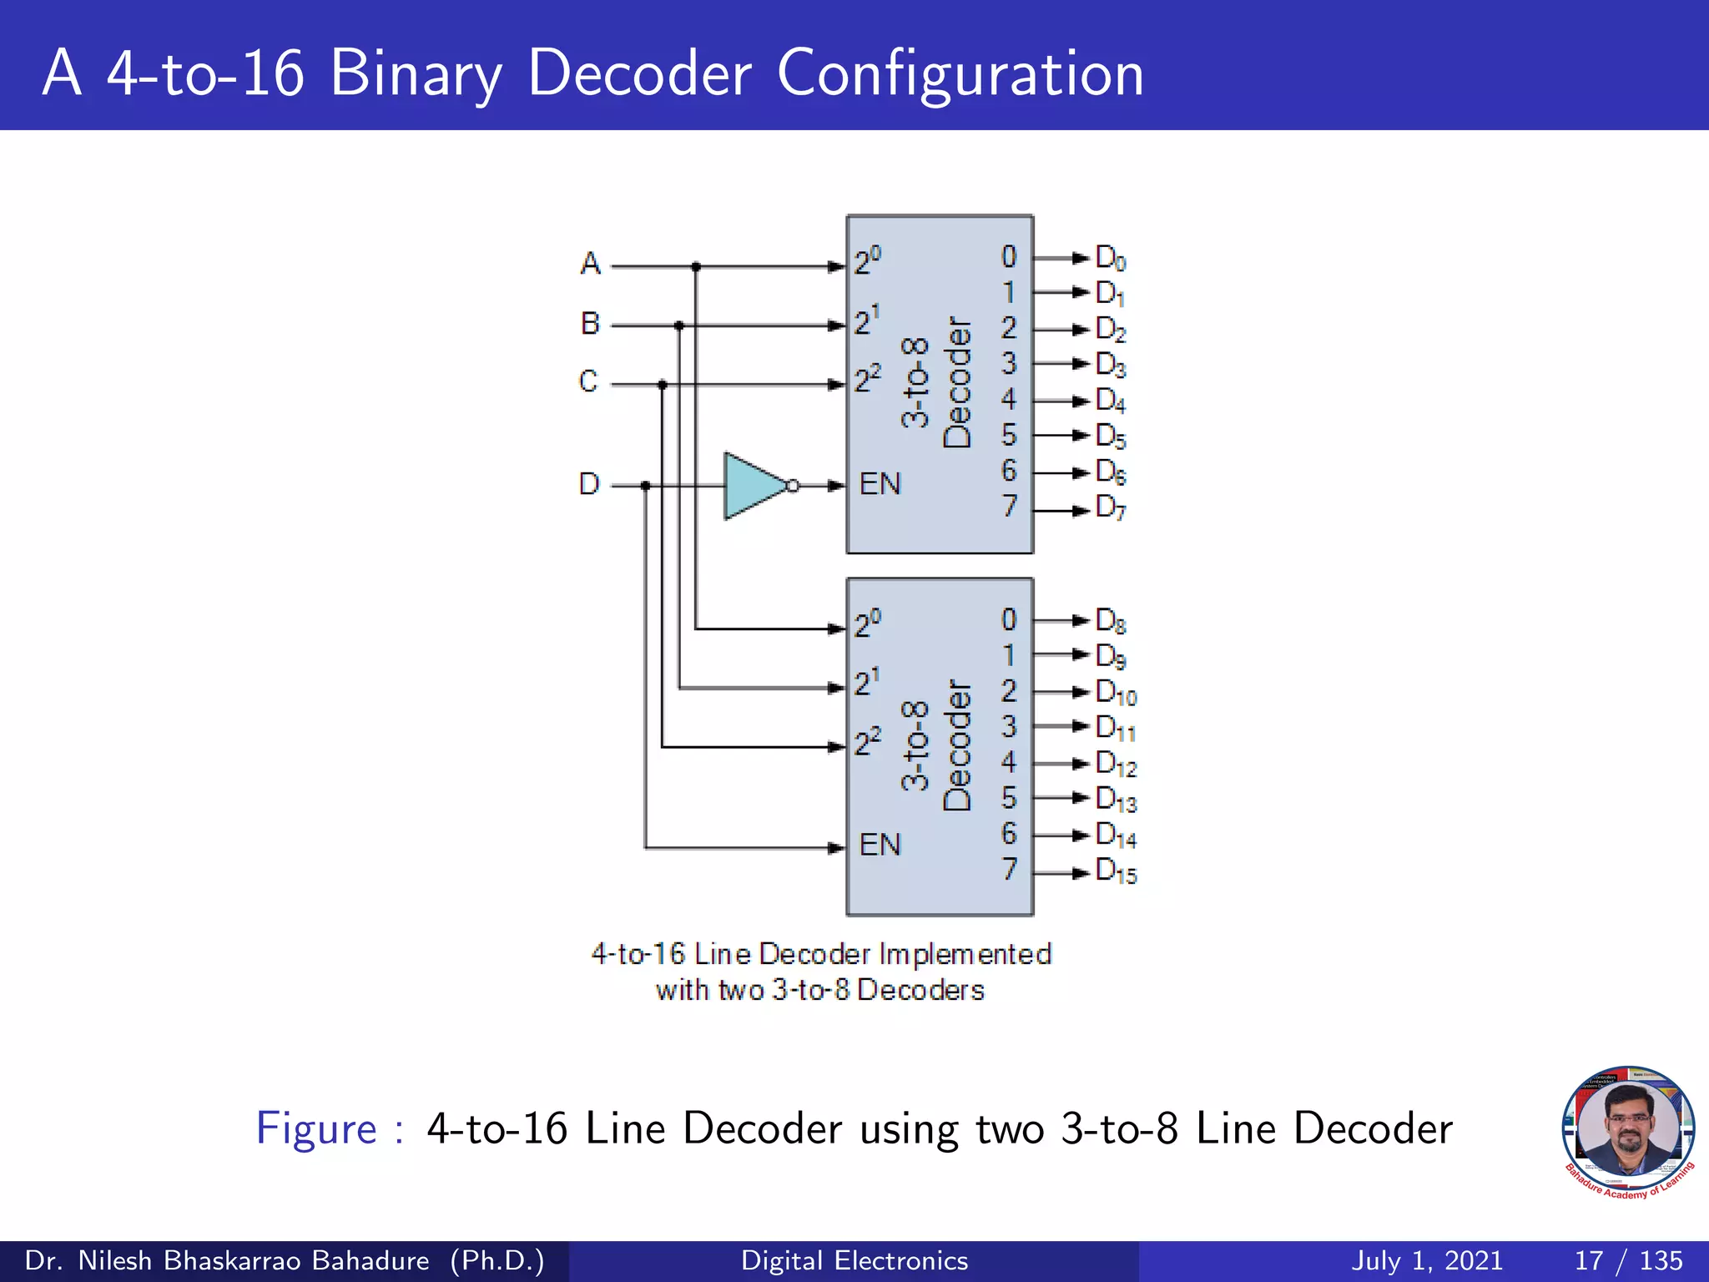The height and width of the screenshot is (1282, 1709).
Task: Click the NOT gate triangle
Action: coord(751,486)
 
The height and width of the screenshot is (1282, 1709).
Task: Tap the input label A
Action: coord(590,264)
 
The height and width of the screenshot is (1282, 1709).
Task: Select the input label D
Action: coord(589,484)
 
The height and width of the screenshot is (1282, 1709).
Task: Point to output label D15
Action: coord(1116,871)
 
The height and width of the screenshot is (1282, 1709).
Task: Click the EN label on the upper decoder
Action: coord(880,484)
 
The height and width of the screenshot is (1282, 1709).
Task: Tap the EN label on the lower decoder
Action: coord(880,845)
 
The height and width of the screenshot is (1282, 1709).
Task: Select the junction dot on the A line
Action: coord(696,267)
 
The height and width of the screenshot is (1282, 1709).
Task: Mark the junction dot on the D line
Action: coord(645,486)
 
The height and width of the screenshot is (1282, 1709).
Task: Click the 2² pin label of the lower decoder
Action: coord(867,741)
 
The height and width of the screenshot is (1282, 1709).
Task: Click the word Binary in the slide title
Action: coord(416,73)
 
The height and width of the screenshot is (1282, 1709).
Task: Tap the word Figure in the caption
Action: coord(316,1128)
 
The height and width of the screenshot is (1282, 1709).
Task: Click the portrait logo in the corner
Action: coord(1628,1132)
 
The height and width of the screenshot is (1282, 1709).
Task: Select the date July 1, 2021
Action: coord(1427,1260)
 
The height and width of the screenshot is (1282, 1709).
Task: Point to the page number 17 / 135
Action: coord(1628,1260)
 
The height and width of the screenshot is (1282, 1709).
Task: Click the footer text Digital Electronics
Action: coord(854,1260)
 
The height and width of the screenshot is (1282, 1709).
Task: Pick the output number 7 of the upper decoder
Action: coord(1010,506)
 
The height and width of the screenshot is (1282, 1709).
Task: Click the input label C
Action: coord(588,381)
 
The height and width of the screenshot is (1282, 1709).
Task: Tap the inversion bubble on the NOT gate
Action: coord(793,486)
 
